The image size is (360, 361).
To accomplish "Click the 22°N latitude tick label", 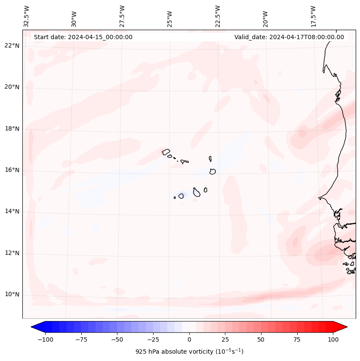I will [12, 46].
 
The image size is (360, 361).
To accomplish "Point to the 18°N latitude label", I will [12, 129].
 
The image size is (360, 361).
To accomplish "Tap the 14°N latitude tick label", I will [12, 211].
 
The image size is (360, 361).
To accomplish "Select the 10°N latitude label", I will [12, 294].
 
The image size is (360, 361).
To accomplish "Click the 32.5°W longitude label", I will [27, 16].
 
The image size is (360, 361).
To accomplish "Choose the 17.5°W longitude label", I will [314, 16].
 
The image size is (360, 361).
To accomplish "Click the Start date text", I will [83, 37].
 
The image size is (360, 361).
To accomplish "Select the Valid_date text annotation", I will [289, 37].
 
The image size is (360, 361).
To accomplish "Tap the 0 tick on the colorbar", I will [189, 339].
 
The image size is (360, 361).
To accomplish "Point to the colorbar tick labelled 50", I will [261, 339].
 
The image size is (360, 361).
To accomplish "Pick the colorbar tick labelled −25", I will [153, 339].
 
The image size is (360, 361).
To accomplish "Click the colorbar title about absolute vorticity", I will [189, 352].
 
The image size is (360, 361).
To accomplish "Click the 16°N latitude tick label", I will [12, 170].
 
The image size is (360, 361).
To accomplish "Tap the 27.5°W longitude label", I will [122, 16].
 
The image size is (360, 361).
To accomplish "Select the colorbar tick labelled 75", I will [297, 339].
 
